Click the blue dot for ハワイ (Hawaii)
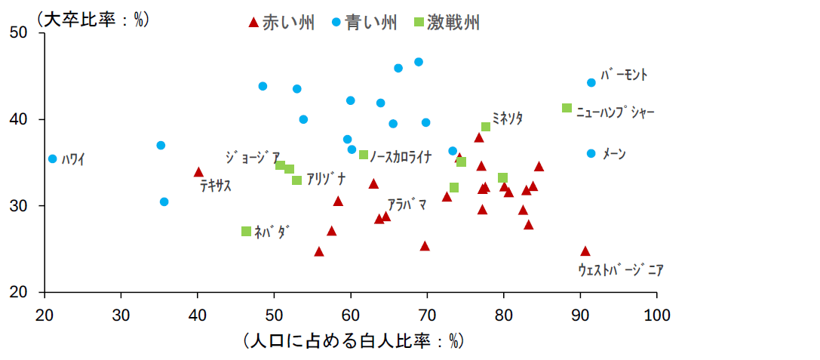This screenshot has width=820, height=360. pyautogui.click(x=52, y=159)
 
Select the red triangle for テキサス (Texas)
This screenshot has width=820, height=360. pyautogui.click(x=198, y=172)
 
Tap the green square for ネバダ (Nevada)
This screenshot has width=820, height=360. pyautogui.click(x=246, y=231)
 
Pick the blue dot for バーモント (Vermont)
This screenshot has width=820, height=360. pyautogui.click(x=591, y=83)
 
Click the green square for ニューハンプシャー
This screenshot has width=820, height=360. pyautogui.click(x=567, y=108)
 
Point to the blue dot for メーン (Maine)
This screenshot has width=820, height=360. pyautogui.click(x=591, y=153)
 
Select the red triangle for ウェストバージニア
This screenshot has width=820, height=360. pyautogui.click(x=585, y=251)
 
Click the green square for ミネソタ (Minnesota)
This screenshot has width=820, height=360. pyautogui.click(x=486, y=127)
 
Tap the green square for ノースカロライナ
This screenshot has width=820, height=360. pyautogui.click(x=364, y=155)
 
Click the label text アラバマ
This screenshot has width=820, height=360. pyautogui.click(x=407, y=205)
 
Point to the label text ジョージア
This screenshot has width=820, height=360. pyautogui.click(x=253, y=157)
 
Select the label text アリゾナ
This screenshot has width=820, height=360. pyautogui.click(x=327, y=179)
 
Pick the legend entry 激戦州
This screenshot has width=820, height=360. pyautogui.click(x=453, y=23)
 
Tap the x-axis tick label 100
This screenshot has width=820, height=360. pyautogui.click(x=656, y=312)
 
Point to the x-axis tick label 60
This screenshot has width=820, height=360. pyautogui.click(x=350, y=312)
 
